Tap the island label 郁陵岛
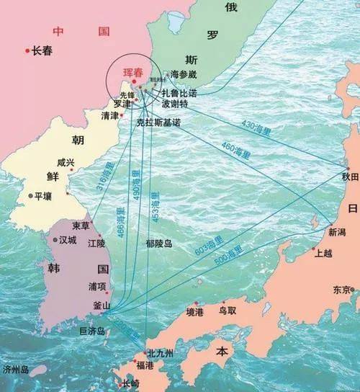tap(158, 244)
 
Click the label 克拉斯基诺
tap(158, 123)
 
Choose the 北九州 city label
tap(160, 354)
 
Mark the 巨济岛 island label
tap(91, 331)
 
